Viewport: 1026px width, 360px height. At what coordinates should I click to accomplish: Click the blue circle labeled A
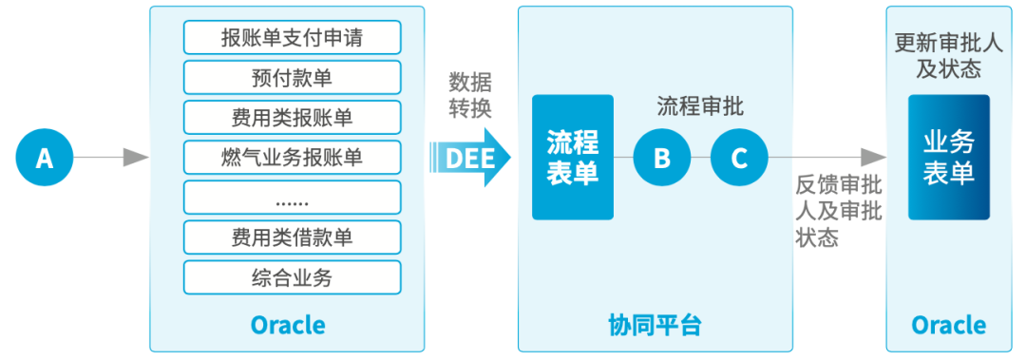point(45,158)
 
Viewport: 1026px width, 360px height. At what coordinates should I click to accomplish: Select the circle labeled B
point(662,158)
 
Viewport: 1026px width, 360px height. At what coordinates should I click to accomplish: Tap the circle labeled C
point(739,158)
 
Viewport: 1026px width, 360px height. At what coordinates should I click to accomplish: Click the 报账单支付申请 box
point(292,38)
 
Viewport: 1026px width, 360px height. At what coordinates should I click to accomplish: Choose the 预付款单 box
point(292,78)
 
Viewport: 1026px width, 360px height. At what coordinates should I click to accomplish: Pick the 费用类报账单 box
point(292,118)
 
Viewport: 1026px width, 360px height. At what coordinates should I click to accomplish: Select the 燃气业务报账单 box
point(292,158)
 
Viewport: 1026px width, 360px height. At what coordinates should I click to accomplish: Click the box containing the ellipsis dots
point(292,198)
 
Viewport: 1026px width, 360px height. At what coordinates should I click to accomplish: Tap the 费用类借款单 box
point(292,237)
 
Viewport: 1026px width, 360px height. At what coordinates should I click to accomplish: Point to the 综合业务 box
point(292,276)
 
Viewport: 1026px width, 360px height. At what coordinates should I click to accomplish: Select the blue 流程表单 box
point(573,158)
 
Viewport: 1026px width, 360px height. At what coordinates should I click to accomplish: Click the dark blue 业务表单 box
point(948,158)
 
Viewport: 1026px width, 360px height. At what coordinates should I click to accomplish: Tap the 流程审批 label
point(700,106)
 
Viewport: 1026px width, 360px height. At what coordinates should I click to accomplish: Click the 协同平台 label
point(655,326)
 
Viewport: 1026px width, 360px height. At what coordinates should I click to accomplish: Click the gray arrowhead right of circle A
point(137,158)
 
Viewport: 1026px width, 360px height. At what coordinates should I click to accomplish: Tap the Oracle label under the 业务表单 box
point(948,326)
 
